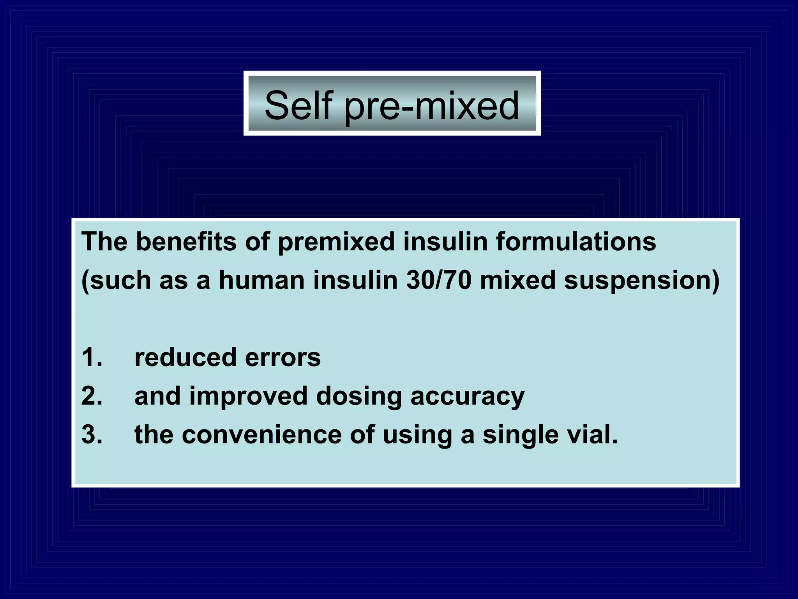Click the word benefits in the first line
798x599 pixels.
(186, 241)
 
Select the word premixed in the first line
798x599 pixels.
(336, 242)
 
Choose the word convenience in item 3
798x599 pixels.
(261, 434)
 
